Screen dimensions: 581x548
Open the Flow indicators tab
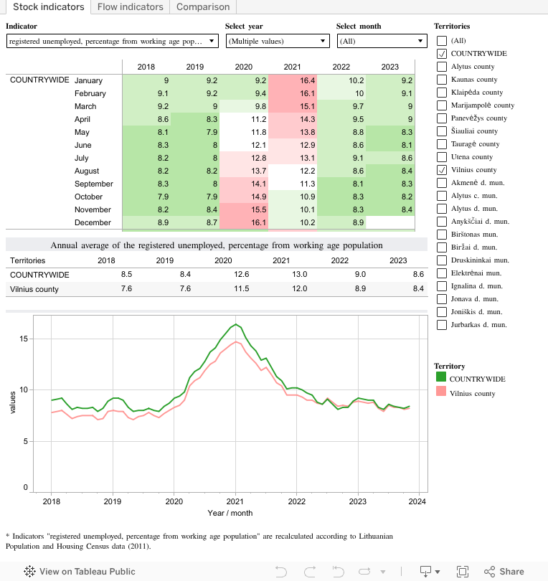[131, 7]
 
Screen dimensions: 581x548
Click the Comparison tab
[203, 7]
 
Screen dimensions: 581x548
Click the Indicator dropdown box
[112, 42]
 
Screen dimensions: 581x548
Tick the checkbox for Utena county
[442, 157]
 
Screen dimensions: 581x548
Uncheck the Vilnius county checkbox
[442, 170]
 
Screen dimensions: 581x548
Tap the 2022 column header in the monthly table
[341, 67]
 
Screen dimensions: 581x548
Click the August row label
[87, 171]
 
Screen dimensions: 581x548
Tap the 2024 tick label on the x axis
[417, 501]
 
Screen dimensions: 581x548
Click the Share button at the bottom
[504, 572]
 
